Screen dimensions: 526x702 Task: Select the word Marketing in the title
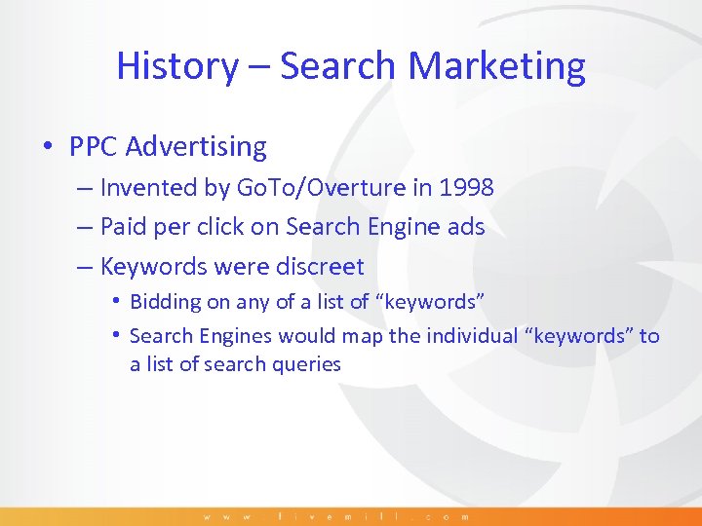point(497,66)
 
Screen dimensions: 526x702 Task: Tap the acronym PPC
point(94,147)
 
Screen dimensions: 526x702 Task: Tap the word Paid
point(123,227)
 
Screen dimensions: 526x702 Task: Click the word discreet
point(318,267)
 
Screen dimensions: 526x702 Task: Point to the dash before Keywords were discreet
point(84,267)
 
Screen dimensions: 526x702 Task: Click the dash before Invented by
point(84,187)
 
